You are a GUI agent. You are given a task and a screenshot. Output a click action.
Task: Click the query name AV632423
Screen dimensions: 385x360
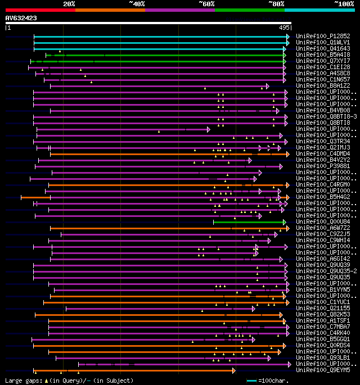coord(21,18)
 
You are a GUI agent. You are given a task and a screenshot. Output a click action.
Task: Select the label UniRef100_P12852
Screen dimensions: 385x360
coord(322,36)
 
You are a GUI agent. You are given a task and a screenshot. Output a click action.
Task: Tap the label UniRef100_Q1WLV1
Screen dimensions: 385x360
coord(322,42)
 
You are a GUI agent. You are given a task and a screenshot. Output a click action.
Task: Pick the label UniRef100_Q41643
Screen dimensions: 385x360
coord(322,48)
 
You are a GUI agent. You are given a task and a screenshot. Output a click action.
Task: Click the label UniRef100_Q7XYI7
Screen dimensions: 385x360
coord(322,61)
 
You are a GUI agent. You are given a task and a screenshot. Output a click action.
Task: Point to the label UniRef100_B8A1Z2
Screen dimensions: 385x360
coord(322,85)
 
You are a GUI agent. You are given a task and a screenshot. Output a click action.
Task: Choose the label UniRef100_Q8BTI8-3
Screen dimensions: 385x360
coord(326,116)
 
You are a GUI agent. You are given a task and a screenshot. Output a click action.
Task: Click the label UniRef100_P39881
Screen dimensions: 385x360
coord(322,166)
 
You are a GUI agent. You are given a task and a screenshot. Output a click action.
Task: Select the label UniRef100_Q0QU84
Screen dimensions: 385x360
coord(322,222)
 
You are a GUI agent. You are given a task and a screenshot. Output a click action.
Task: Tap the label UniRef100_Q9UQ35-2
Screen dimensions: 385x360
coord(326,271)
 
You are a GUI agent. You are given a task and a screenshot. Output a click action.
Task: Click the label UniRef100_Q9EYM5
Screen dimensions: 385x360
coord(322,370)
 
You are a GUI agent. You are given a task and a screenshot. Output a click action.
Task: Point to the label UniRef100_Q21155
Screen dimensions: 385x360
coord(322,308)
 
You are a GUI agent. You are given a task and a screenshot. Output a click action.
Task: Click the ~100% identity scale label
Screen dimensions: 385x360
coord(344,4)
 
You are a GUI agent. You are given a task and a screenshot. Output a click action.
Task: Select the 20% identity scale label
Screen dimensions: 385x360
coord(69,4)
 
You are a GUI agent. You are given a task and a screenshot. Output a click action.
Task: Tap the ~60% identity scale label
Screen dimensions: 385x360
coord(206,4)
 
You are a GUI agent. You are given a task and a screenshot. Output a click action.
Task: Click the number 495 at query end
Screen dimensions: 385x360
coord(283,27)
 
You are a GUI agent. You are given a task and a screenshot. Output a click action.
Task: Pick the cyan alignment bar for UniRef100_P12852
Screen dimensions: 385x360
coord(160,36)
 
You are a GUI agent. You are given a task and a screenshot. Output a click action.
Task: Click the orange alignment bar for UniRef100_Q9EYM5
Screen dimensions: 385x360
coord(135,370)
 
